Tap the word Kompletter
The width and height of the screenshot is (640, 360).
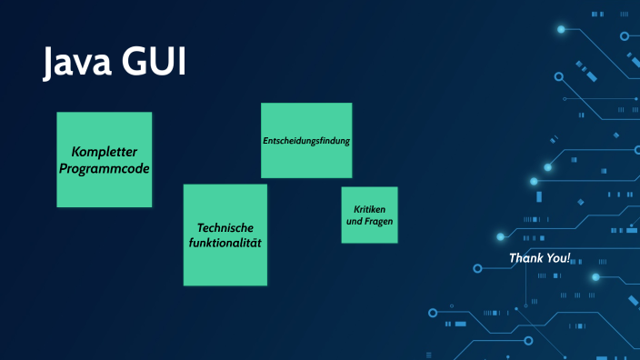point(104,152)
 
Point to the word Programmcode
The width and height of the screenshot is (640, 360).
point(104,168)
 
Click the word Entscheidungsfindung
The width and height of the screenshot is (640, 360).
point(306,141)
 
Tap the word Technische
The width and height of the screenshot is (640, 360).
point(225,227)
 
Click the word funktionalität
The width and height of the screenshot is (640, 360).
point(225,244)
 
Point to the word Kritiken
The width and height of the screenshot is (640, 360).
point(369,209)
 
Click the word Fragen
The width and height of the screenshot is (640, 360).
point(380,222)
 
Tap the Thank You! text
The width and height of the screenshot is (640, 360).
point(540,258)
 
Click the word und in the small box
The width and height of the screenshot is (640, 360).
point(355,222)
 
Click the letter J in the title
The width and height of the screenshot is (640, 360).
point(53,64)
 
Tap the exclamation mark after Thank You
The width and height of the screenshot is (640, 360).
point(569,258)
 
